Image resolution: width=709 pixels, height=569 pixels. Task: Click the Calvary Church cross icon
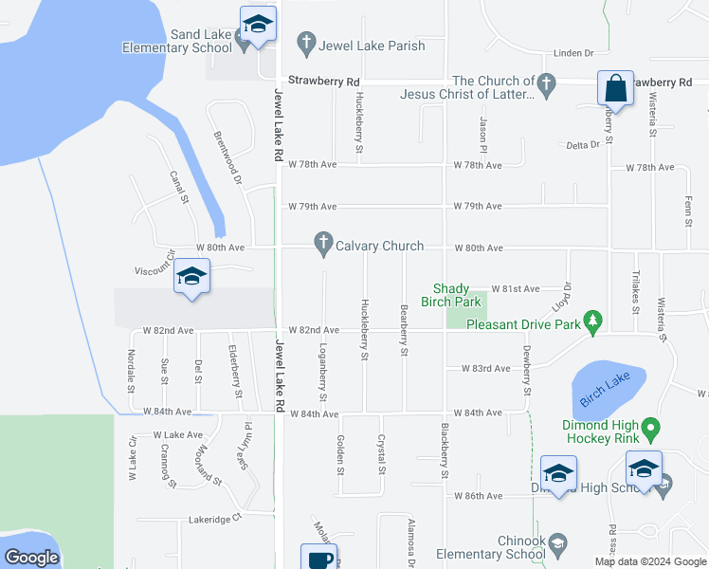pos(323,246)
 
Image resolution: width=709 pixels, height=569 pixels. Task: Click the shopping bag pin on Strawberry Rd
pos(615,88)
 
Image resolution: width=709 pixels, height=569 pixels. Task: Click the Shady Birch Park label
pos(457,295)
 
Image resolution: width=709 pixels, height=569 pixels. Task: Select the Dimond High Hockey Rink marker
pos(650,431)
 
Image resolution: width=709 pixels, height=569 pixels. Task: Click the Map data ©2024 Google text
pos(650,561)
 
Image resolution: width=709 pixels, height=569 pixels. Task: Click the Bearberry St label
pos(404,330)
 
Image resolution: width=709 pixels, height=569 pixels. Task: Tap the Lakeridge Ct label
pos(215,519)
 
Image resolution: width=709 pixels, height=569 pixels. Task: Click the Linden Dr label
pos(574,53)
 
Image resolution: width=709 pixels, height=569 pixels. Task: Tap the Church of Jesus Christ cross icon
pos(547,82)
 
